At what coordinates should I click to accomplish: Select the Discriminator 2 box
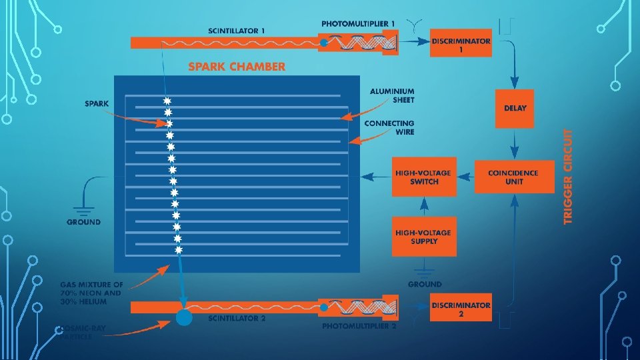(x=461, y=309)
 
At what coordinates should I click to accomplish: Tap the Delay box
(x=515, y=107)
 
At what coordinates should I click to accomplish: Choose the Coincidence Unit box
(x=513, y=177)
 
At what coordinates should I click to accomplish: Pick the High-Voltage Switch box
(x=424, y=177)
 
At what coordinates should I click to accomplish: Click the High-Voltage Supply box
(x=424, y=237)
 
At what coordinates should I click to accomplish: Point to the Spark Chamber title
(x=237, y=67)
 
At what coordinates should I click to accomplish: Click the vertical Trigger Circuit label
(x=569, y=177)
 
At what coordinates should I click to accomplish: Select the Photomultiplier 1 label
(x=358, y=24)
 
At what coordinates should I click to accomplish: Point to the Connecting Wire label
(x=389, y=127)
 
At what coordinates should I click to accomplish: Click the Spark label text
(x=97, y=103)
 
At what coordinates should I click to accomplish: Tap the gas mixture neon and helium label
(x=92, y=293)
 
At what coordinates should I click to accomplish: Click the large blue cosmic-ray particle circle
(x=183, y=318)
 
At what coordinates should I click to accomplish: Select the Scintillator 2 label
(x=237, y=319)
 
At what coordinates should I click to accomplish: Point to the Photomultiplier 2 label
(x=359, y=327)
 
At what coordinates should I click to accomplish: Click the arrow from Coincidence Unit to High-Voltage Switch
(x=466, y=177)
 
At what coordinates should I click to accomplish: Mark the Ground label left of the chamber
(x=84, y=222)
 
